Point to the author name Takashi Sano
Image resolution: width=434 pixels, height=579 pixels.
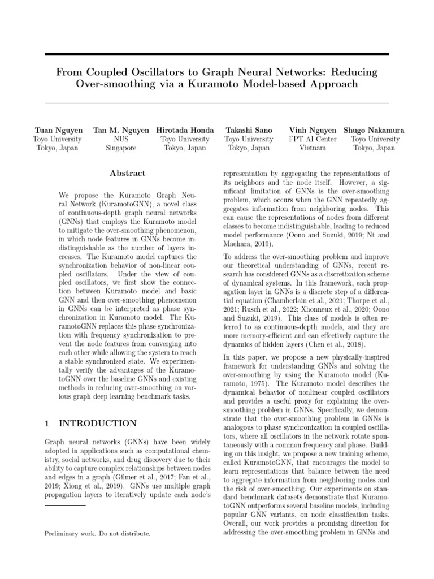click(249, 130)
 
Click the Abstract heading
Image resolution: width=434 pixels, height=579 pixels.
click(127, 174)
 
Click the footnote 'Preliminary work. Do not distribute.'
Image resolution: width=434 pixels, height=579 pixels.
click(97, 533)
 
